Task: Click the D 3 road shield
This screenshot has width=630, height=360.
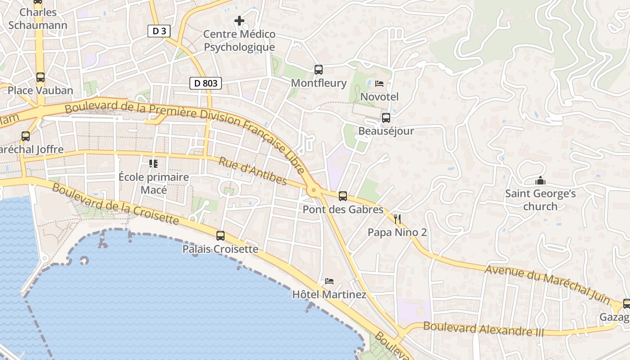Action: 159,31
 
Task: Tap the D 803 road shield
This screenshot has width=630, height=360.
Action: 206,83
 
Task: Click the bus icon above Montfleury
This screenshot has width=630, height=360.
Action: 319,70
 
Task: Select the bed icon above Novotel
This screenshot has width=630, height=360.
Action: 379,84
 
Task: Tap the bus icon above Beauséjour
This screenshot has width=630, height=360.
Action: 386,118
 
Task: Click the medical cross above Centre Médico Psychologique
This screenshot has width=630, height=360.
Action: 239,21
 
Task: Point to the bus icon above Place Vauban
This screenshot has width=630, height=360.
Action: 40,77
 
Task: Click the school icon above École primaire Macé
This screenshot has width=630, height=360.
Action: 153,164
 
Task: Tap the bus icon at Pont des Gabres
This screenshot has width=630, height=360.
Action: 343,196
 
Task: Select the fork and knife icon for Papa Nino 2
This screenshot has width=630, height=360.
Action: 397,219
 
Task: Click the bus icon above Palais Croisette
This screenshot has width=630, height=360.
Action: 220,236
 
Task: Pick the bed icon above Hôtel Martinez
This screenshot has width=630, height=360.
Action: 329,282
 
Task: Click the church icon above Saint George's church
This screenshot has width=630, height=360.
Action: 540,181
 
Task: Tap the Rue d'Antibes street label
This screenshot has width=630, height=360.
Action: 253,171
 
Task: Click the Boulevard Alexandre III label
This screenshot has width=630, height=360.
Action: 483,329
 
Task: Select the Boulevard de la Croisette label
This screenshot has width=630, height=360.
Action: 115,203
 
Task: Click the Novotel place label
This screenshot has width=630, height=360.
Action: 379,97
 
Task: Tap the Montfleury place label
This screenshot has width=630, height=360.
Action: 319,83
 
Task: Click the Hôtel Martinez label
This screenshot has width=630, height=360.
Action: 329,295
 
